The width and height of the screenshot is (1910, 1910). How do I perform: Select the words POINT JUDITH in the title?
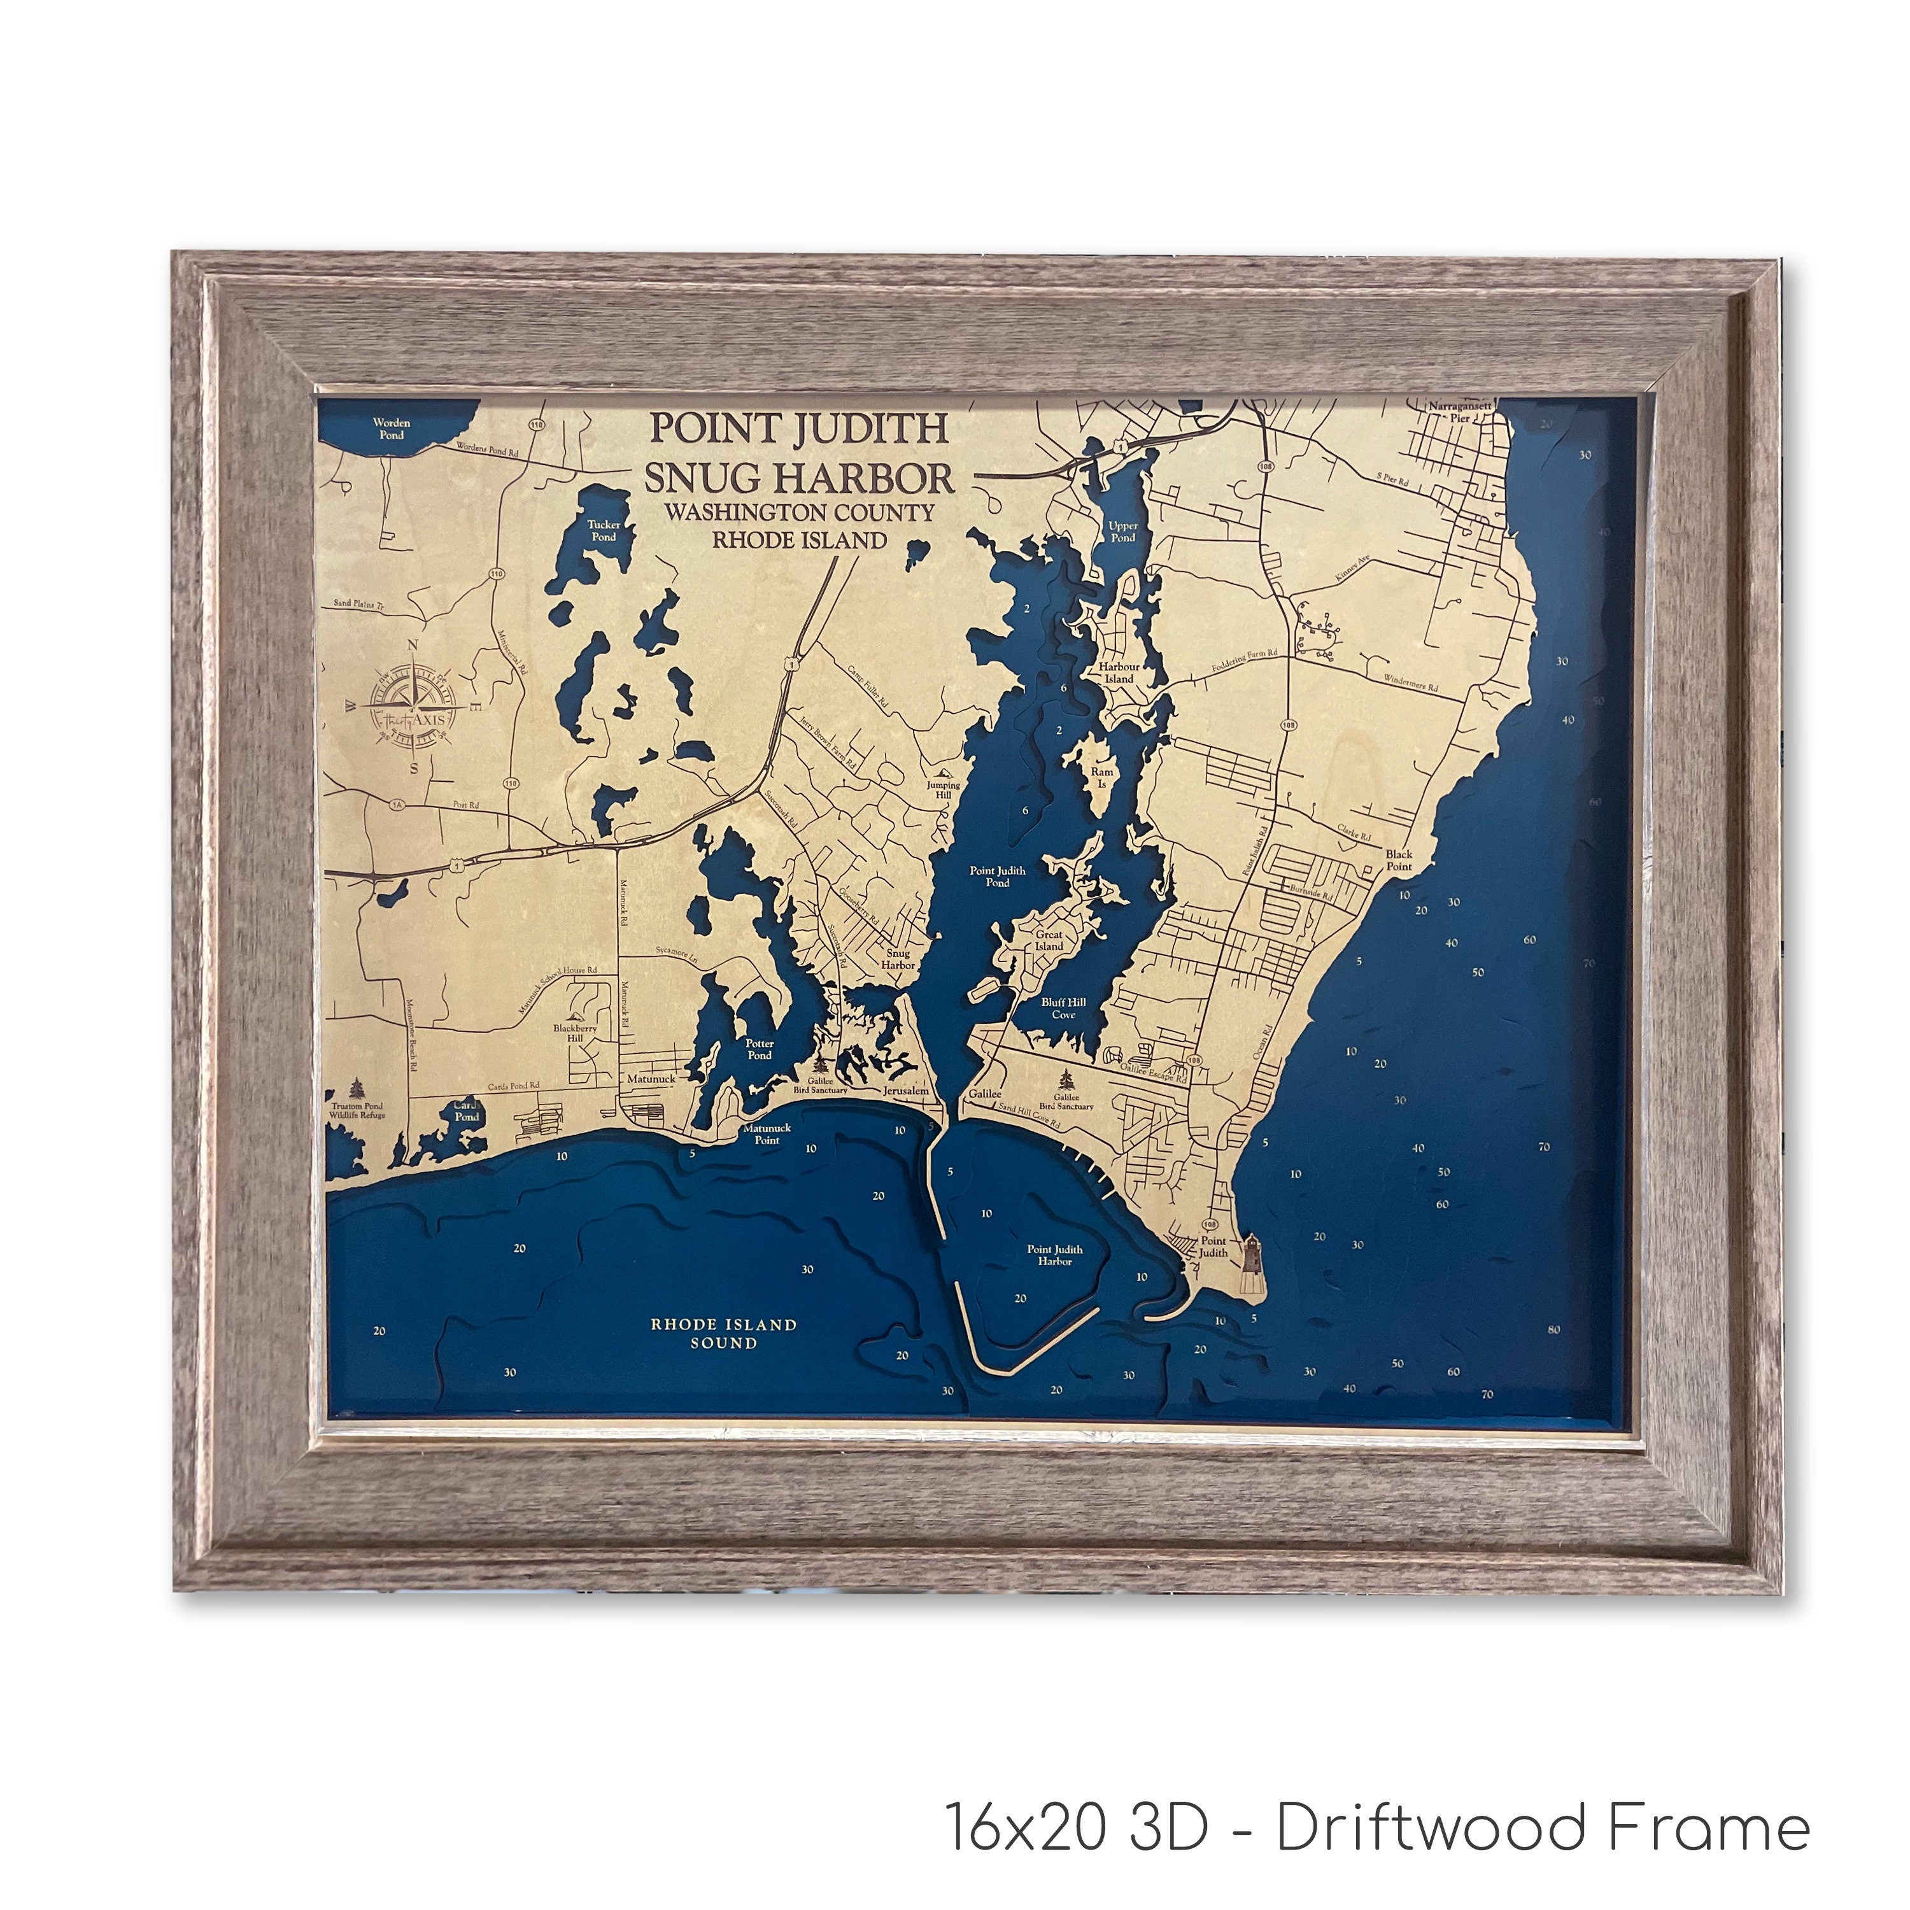point(798,428)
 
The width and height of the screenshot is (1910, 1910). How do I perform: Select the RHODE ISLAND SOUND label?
point(724,1334)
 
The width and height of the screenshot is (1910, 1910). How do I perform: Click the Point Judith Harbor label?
point(1055,1254)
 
